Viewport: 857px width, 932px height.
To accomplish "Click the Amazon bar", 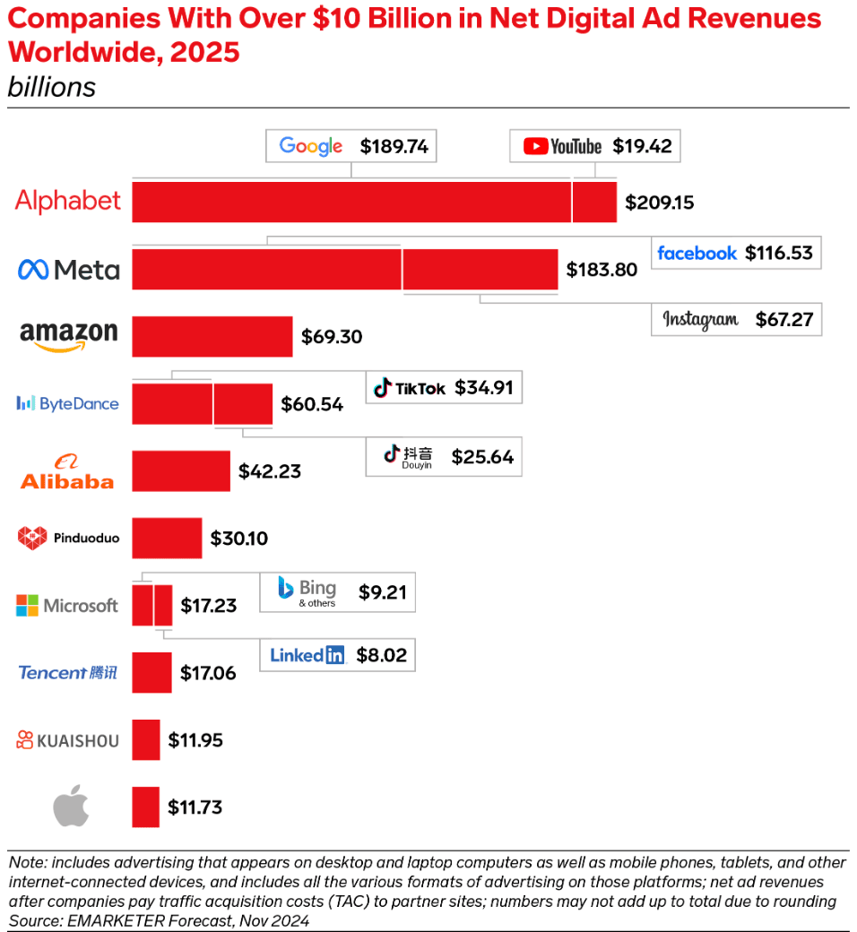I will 212,336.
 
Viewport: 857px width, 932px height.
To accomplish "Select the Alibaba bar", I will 181,470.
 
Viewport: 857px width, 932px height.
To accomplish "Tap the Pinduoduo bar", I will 167,538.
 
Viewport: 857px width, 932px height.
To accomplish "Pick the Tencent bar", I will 151,672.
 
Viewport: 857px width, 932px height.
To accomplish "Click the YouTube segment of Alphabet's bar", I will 594,202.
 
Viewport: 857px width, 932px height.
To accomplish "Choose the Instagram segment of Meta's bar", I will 480,269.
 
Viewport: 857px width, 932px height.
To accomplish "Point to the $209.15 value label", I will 660,203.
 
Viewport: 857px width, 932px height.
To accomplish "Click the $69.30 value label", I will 332,337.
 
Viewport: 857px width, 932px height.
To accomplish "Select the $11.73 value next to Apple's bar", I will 195,807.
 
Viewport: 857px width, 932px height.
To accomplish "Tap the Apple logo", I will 72,807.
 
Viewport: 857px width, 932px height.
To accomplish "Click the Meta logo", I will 69,269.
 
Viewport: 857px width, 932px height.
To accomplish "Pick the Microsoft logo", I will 67,606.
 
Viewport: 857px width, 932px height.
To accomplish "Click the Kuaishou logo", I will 68,740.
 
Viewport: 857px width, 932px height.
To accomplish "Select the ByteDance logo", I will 68,403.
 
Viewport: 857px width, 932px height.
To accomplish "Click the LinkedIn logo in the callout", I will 307,655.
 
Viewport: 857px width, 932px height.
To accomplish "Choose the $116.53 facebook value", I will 778,253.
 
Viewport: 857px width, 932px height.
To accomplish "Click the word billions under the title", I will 51,88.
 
